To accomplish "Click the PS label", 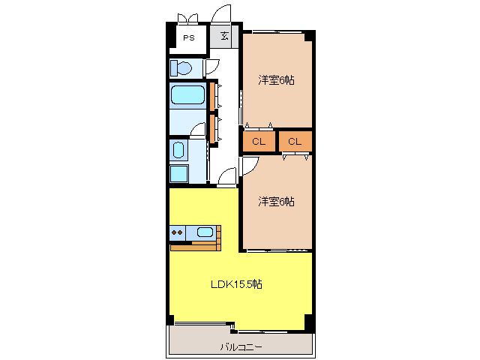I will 187,37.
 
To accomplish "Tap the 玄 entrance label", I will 225,36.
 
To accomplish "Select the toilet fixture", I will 180,68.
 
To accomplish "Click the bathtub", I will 187,95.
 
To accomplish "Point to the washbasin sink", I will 178,150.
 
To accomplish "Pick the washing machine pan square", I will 179,174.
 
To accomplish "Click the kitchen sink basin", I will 205,232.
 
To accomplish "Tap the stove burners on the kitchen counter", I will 178,232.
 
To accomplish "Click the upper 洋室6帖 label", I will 276,79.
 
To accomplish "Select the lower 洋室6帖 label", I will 276,201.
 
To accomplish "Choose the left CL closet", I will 259,141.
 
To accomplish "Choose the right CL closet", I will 295,141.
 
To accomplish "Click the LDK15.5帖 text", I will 235,284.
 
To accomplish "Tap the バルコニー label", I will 241,346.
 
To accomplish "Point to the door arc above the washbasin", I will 198,129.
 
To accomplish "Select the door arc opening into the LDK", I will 227,178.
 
